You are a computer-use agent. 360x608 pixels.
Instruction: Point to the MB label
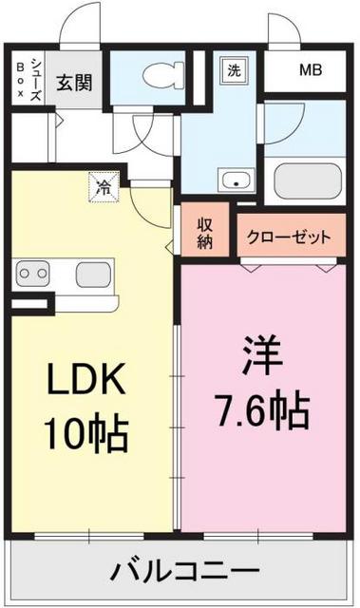click(310, 68)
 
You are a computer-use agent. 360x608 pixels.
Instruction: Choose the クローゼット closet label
click(290, 236)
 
